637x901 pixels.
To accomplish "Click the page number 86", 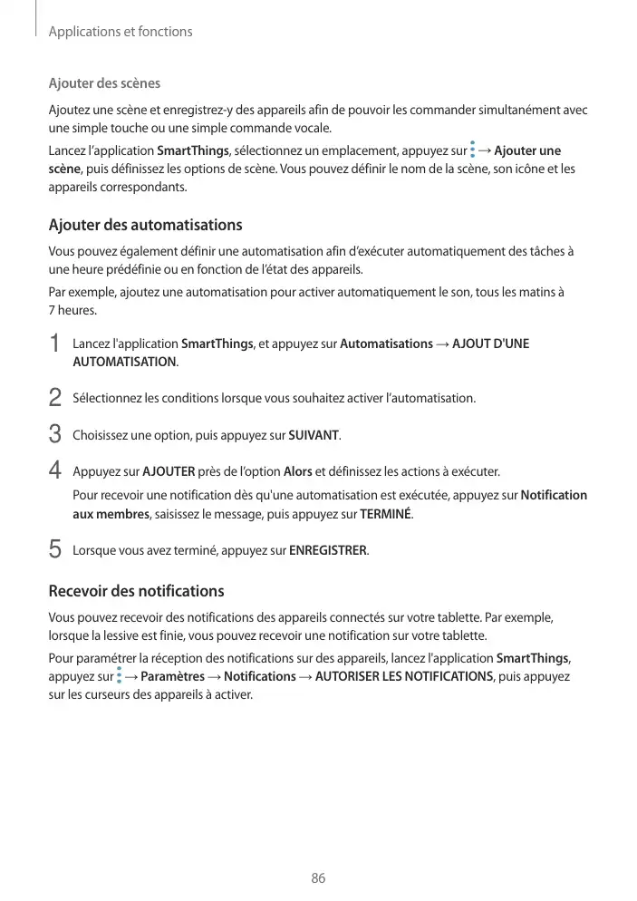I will pyautogui.click(x=318, y=878).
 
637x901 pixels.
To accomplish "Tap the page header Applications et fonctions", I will pyautogui.click(x=120, y=32).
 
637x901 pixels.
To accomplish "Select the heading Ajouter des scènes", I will pyautogui.click(x=104, y=83).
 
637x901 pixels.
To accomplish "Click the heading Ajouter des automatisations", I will pyautogui.click(x=145, y=224).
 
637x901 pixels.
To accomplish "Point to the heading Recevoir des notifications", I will pyautogui.click(x=136, y=591).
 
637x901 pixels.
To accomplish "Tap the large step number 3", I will pyautogui.click(x=54, y=434).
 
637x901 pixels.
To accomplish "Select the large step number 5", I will pyautogui.click(x=54, y=549).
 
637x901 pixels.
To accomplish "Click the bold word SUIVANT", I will pyautogui.click(x=314, y=435).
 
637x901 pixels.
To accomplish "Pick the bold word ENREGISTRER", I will pyautogui.click(x=328, y=550).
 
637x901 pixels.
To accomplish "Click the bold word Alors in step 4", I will pyautogui.click(x=298, y=471).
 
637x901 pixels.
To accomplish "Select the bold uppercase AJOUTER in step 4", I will pyautogui.click(x=169, y=471).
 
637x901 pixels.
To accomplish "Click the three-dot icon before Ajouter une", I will pyautogui.click(x=473, y=150).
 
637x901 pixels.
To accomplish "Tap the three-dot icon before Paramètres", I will pyautogui.click(x=119, y=676).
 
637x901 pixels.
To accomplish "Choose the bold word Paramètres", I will pyautogui.click(x=173, y=677).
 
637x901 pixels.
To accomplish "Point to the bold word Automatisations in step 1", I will pyautogui.click(x=386, y=344).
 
